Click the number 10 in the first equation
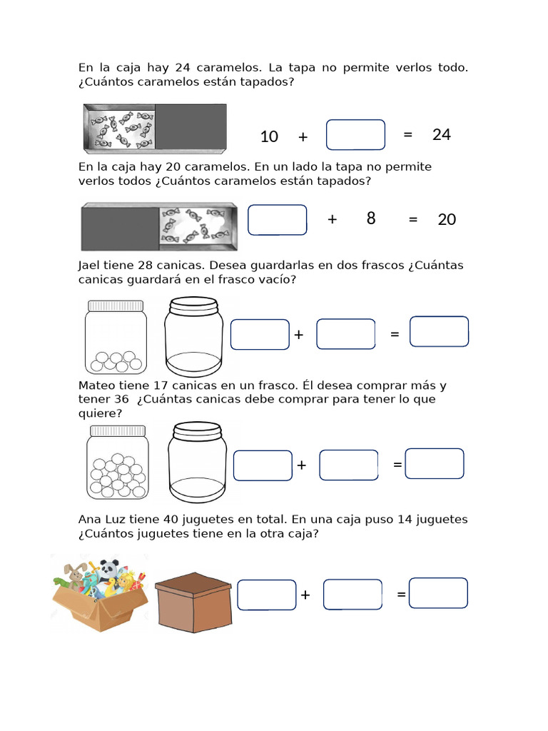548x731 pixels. click(269, 136)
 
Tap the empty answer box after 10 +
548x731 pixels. click(355, 135)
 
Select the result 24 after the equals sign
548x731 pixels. click(442, 134)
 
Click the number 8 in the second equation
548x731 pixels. click(371, 218)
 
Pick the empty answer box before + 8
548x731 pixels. click(278, 220)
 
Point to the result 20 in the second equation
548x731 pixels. click(447, 219)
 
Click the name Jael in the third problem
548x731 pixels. click(91, 266)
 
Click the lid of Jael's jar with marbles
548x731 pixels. click(116, 306)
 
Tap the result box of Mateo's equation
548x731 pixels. click(434, 463)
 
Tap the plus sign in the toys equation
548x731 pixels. click(305, 595)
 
